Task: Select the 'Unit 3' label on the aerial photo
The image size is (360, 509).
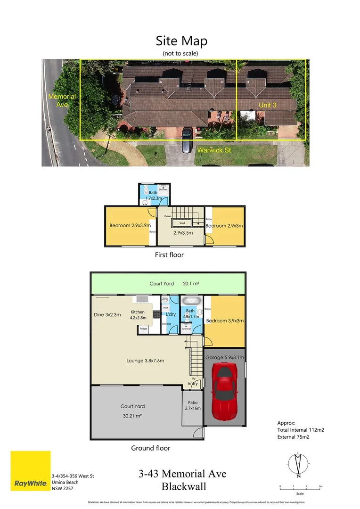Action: [267, 105]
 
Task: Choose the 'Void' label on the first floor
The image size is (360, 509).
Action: [181, 223]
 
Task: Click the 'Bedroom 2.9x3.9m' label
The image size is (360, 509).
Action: [126, 225]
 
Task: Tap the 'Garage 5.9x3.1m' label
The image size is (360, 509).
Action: [224, 358]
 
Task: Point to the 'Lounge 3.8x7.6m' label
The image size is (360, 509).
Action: [145, 361]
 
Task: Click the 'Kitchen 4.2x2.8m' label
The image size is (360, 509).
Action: [138, 315]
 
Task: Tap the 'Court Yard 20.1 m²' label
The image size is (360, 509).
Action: [168, 284]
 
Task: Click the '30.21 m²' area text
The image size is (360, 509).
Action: [132, 416]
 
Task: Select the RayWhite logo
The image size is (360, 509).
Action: [31, 471]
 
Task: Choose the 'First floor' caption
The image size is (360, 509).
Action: [169, 255]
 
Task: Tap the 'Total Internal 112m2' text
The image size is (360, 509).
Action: [301, 430]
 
